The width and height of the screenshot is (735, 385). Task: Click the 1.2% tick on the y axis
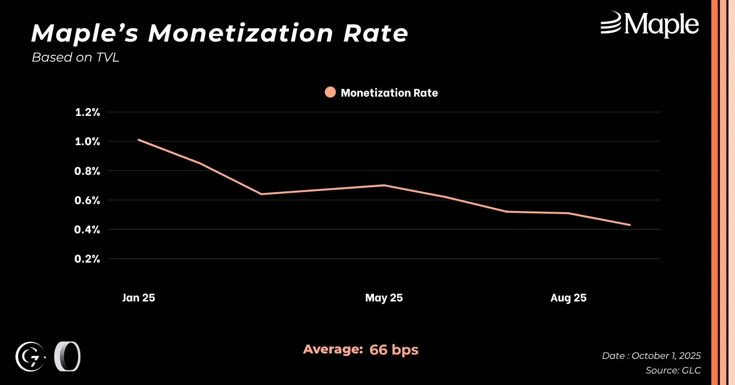coord(87,112)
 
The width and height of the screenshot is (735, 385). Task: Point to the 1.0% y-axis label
coord(87,142)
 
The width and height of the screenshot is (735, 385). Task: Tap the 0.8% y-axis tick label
coord(87,171)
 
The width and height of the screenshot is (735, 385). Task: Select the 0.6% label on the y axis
coord(87,200)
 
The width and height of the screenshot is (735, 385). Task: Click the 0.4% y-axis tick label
coord(87,230)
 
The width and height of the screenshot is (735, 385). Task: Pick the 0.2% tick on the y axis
coord(87,259)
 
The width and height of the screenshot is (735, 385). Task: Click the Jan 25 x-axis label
coord(139,298)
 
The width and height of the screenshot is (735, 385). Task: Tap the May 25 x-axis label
coord(384,298)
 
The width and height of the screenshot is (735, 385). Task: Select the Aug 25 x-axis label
coord(568,298)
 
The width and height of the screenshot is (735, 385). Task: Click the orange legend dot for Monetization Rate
coord(330,92)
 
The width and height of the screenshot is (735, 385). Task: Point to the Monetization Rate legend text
coord(389,93)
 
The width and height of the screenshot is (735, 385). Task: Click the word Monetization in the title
coord(241,33)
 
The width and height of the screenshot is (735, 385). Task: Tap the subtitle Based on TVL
coord(75,57)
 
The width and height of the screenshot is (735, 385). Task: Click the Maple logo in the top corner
coord(650,24)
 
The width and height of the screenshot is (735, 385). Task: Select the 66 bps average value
coord(394,350)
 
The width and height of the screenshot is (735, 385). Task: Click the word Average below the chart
coord(333,349)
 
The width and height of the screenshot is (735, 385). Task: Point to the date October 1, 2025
coord(666,356)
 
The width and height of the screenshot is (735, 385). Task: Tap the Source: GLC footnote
coord(673,370)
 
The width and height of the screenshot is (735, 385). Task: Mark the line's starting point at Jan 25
coord(139,140)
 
